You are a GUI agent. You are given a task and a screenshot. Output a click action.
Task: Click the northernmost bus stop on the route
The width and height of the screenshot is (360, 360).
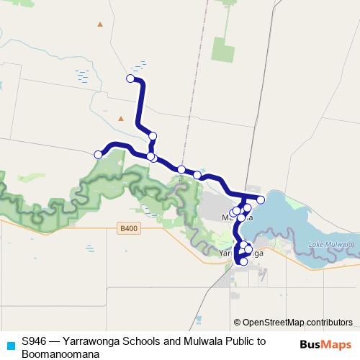pos(130,78)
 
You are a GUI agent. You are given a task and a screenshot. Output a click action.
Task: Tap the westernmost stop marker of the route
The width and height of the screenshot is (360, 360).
pos(98,154)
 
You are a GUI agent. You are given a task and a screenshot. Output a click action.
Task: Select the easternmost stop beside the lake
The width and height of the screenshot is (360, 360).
pos(261,199)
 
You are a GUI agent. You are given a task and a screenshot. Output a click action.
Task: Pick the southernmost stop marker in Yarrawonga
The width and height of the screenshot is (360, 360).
pos(243,261)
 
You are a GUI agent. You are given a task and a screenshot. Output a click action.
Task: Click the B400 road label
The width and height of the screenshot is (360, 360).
pos(129,229)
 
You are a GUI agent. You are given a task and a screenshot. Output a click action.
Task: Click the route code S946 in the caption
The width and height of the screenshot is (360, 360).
pos(34,341)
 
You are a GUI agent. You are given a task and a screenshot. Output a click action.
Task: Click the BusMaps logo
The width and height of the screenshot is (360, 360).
pos(326,345)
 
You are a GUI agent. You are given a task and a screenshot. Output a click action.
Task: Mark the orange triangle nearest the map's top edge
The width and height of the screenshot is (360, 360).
pos(100,24)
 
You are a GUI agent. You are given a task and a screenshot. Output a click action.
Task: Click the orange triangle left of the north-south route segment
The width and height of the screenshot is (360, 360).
pos(121,118)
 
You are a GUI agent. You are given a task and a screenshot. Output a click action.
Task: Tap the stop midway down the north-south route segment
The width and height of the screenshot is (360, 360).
pos(153,135)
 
